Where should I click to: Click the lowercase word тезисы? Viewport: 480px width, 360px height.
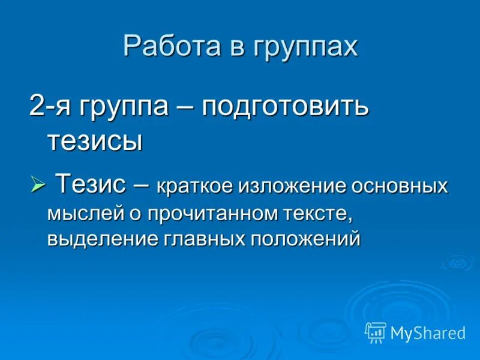pyautogui.click(x=94, y=142)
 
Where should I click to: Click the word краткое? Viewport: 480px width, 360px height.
pyautogui.click(x=194, y=186)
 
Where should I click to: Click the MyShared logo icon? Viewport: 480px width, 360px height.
pyautogui.click(x=376, y=332)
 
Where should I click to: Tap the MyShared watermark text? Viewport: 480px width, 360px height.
pyautogui.click(x=428, y=333)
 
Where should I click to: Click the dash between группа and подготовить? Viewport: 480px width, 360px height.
pyautogui.click(x=186, y=109)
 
